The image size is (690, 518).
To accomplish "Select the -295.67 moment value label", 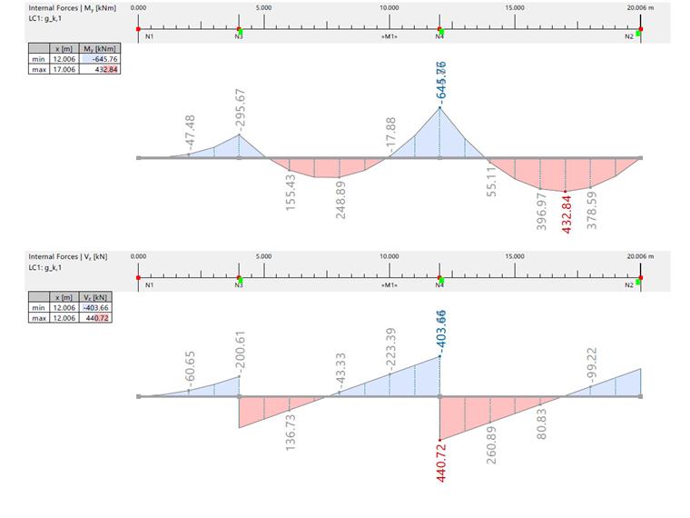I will click(x=240, y=109).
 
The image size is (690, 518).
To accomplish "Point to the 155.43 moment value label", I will click(x=291, y=194).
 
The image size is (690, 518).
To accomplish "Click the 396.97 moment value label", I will click(x=542, y=211).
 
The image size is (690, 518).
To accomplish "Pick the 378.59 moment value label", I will click(x=592, y=210).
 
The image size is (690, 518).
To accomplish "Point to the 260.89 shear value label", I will click(x=491, y=444).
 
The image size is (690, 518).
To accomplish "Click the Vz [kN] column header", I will click(x=96, y=297).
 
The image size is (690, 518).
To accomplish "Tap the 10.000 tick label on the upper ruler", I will click(x=389, y=7).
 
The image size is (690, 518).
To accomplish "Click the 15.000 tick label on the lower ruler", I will click(x=514, y=256).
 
